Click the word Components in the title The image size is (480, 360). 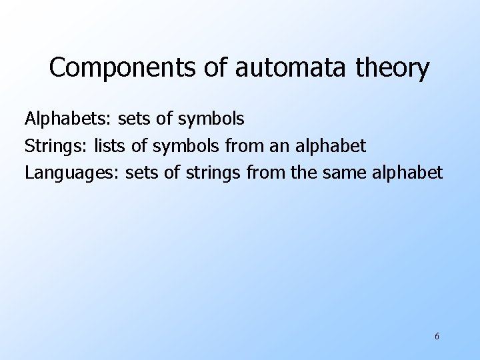[123, 69]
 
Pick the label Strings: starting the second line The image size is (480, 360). [56, 146]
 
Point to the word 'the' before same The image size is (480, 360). [304, 173]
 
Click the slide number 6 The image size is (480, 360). [437, 337]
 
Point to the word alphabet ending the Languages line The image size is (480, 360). [409, 173]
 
